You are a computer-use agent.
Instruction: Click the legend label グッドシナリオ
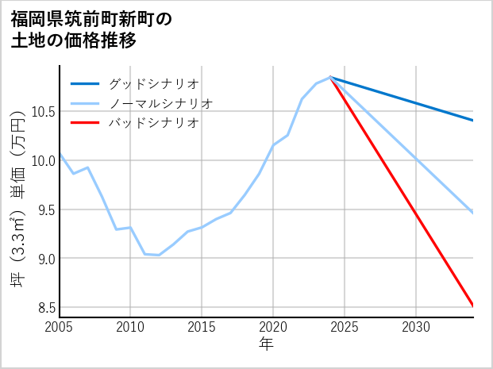[153, 83]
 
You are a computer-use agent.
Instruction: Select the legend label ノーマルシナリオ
[160, 103]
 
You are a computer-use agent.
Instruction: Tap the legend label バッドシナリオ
[153, 123]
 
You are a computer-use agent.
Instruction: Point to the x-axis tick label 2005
[60, 327]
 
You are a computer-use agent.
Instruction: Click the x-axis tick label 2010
[130, 327]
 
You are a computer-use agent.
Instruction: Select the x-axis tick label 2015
[202, 327]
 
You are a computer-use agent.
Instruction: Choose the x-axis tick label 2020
[273, 327]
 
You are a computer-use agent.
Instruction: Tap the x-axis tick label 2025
[345, 327]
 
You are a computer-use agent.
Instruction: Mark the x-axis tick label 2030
[416, 327]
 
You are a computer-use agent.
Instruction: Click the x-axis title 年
[266, 344]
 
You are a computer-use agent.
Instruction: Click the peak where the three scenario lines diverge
[330, 78]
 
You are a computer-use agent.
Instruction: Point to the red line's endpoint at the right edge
[473, 306]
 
